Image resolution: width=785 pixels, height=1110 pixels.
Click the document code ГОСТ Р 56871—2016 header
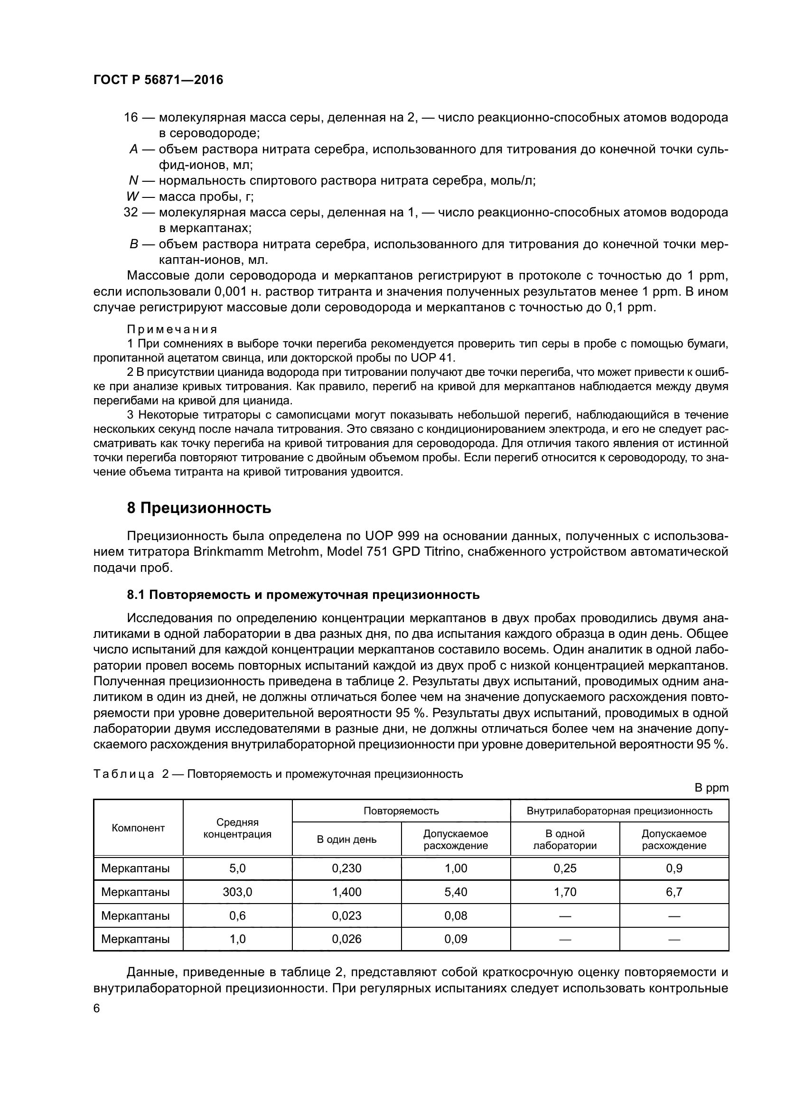click(x=158, y=80)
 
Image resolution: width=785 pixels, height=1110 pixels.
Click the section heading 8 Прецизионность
click(x=199, y=508)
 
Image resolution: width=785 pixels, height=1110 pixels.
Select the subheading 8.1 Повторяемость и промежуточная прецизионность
click(x=303, y=595)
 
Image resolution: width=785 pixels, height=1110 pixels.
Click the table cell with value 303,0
click(x=237, y=892)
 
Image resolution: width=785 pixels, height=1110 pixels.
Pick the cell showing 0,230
click(x=346, y=868)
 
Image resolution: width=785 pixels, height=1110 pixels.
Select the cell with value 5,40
click(x=455, y=892)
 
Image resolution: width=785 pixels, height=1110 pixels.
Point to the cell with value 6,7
click(x=674, y=892)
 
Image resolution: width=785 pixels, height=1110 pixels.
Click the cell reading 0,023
click(x=346, y=915)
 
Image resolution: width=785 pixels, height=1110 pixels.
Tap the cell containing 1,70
click(x=565, y=892)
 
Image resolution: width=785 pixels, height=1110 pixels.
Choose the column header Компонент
click(x=138, y=828)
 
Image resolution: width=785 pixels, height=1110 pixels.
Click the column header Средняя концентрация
click(x=237, y=828)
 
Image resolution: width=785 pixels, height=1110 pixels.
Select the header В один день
click(x=346, y=839)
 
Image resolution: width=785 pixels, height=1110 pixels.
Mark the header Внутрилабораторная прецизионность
click(x=619, y=811)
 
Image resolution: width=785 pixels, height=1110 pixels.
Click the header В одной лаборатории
click(x=565, y=839)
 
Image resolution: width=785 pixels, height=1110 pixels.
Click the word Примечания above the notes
click(x=172, y=329)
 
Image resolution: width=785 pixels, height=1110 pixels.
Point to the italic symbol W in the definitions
click(x=132, y=197)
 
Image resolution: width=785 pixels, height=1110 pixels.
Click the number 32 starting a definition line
click(x=131, y=212)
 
